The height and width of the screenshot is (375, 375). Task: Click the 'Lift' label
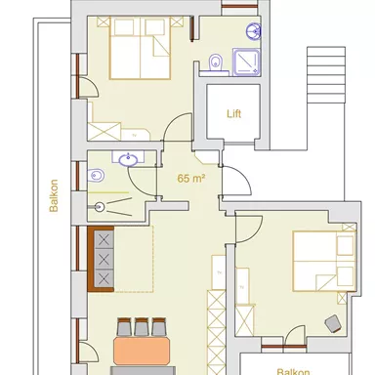coord(233,112)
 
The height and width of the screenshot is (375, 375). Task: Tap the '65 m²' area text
coord(191,179)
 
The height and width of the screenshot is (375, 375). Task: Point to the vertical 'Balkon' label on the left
coord(56,196)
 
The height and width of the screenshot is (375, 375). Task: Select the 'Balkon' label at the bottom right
coord(293,370)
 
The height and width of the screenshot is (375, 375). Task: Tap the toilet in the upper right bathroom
coord(218,63)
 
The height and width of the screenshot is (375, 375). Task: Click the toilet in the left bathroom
coord(96,177)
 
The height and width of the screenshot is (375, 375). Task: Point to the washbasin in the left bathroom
coord(127,159)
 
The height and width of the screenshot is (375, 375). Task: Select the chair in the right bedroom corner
coord(332,321)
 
